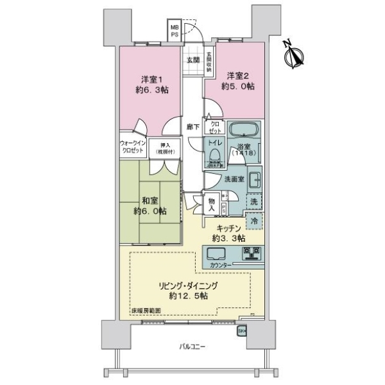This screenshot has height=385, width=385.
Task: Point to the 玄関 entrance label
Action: coord(193,60)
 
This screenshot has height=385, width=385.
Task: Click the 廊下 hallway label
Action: coord(193,127)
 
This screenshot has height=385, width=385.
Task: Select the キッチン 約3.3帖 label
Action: coord(227,233)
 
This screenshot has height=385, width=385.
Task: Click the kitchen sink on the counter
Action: coord(218,253)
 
